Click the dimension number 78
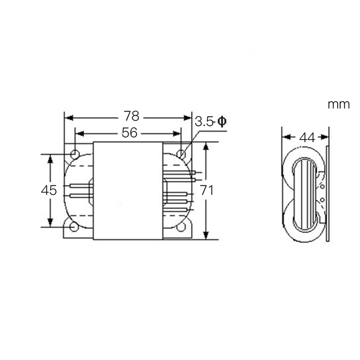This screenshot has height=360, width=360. point(131,117)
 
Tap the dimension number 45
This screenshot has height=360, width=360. point(49,190)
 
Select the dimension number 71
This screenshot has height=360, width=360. point(207,190)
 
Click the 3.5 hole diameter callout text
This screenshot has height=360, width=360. point(205,121)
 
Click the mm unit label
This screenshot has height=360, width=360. point(338,105)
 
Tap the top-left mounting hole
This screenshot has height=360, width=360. point(75,154)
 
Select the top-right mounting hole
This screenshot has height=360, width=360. point(181,154)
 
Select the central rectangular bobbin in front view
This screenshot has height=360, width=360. point(127,191)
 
